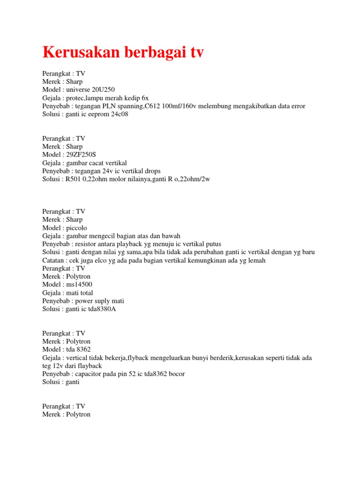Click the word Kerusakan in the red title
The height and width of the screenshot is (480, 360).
(x=80, y=52)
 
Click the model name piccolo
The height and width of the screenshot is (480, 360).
(x=76, y=227)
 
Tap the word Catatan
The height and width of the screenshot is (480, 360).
(x=54, y=260)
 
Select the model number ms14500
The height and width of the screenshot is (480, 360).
(x=80, y=285)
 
